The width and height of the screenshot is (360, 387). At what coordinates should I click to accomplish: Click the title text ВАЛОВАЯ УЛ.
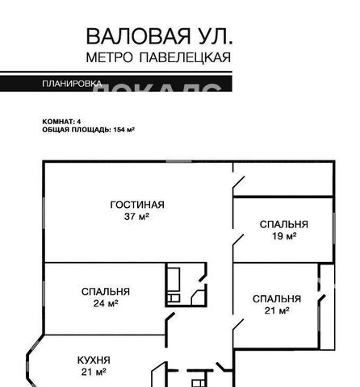pyautogui.click(x=158, y=36)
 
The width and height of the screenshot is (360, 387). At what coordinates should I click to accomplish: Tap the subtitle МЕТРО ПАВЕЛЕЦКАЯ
pyautogui.click(x=158, y=57)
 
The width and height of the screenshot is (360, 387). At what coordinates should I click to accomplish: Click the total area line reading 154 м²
pyautogui.click(x=88, y=129)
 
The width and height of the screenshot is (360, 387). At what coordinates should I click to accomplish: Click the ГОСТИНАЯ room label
pyautogui.click(x=137, y=204)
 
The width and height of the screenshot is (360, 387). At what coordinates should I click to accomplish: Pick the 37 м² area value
pyautogui.click(x=137, y=216)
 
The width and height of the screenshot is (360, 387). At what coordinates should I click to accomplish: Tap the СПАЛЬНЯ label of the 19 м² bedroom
pyautogui.click(x=283, y=224)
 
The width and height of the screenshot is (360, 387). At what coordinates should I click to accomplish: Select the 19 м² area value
pyautogui.click(x=283, y=236)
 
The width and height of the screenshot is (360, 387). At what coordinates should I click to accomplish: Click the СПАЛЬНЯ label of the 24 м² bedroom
pyautogui.click(x=106, y=291)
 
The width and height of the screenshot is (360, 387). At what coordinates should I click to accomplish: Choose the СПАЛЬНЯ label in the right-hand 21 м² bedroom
pyautogui.click(x=276, y=298)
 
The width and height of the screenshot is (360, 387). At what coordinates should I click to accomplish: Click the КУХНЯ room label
pyautogui.click(x=94, y=360)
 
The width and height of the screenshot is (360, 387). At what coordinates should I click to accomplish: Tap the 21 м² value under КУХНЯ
pyautogui.click(x=94, y=372)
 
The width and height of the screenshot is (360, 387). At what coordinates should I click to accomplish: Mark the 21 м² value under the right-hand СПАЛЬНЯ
pyautogui.click(x=276, y=310)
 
